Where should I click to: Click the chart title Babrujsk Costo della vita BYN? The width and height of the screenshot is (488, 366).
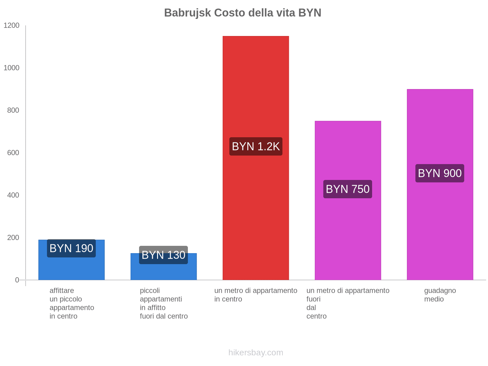[x=242, y=13]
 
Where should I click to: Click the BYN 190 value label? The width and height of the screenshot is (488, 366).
[x=71, y=248]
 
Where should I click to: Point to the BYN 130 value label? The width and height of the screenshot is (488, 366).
[x=163, y=255]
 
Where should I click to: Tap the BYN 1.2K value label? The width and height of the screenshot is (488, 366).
[x=256, y=146]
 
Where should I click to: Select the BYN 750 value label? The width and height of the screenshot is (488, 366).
[x=348, y=189]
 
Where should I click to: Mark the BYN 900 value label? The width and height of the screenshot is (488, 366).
[x=440, y=173]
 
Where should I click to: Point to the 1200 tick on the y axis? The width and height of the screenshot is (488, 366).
[x=11, y=26]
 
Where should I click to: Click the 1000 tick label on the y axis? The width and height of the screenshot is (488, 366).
[x=11, y=68]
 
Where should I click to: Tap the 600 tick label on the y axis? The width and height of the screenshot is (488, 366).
[x=13, y=153]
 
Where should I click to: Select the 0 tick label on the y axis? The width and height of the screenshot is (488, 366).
[x=17, y=280]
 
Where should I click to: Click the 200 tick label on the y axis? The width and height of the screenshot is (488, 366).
[x=13, y=238]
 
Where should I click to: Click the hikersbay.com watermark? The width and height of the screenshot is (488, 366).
[x=256, y=353]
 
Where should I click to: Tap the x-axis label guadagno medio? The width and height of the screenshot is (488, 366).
[x=440, y=295]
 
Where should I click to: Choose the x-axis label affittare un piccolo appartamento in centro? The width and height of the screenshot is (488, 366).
[x=72, y=303]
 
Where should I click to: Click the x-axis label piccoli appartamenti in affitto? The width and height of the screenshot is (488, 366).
[x=163, y=303]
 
